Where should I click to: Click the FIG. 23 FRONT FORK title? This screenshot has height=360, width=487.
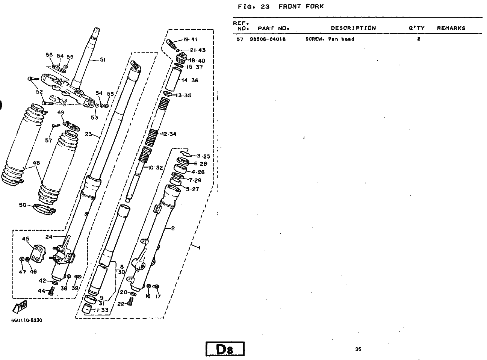pyautogui.click(x=281, y=7)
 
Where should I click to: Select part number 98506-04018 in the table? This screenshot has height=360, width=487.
pyautogui.click(x=268, y=39)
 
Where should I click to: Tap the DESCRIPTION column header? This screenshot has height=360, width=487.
pyautogui.click(x=353, y=28)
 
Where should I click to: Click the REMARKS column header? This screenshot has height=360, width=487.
pyautogui.click(x=451, y=28)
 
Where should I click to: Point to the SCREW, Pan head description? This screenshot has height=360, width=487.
pyautogui.click(x=330, y=39)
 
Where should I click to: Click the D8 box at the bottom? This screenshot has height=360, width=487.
pyautogui.click(x=225, y=349)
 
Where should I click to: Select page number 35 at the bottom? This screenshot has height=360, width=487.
pyautogui.click(x=358, y=349)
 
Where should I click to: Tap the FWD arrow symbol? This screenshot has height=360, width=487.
pyautogui.click(x=20, y=307)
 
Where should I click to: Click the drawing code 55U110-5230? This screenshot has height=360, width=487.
pyautogui.click(x=27, y=320)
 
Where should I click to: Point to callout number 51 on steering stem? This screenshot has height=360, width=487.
pyautogui.click(x=103, y=60)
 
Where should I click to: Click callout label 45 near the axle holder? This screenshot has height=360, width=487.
pyautogui.click(x=26, y=239)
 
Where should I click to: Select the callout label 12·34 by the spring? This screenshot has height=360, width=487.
pyautogui.click(x=169, y=134)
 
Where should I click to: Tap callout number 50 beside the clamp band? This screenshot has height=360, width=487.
pyautogui.click(x=23, y=205)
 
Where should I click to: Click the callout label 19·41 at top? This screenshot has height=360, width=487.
pyautogui.click(x=190, y=39)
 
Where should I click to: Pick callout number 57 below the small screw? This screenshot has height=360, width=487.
pyautogui.click(x=48, y=140)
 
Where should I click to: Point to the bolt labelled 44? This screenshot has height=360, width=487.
pyautogui.click(x=52, y=291)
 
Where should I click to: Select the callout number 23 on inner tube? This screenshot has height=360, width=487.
pyautogui.click(x=88, y=134)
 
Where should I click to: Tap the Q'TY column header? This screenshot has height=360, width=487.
pyautogui.click(x=416, y=28)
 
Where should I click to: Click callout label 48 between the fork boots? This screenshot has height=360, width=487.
pyautogui.click(x=36, y=163)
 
